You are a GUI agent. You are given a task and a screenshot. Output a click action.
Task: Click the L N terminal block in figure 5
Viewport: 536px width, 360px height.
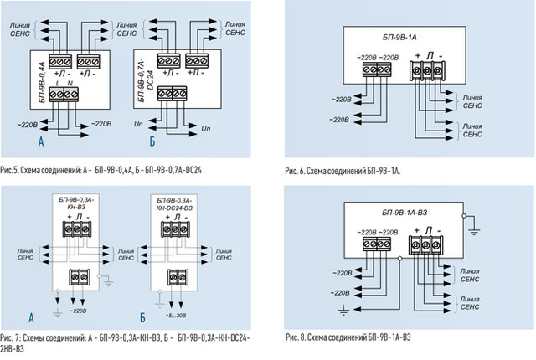(64, 95)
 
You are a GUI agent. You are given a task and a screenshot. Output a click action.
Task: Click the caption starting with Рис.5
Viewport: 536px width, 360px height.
(104, 169)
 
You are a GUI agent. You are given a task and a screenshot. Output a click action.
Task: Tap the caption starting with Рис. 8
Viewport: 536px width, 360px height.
(348, 337)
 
